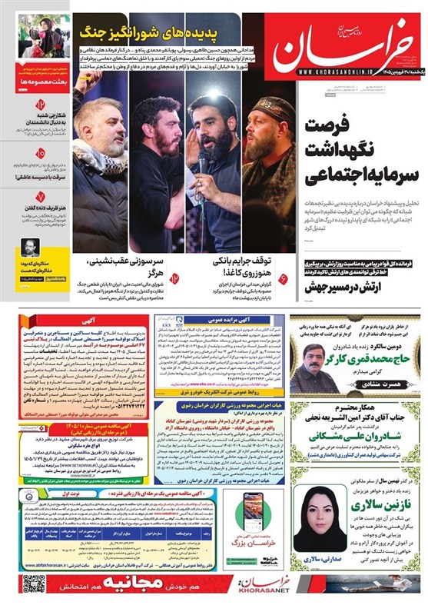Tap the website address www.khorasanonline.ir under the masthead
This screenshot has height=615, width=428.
[x=360, y=72]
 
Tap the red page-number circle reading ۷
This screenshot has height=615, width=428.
[x=40, y=198]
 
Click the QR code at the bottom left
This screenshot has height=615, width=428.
[x=34, y=584]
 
